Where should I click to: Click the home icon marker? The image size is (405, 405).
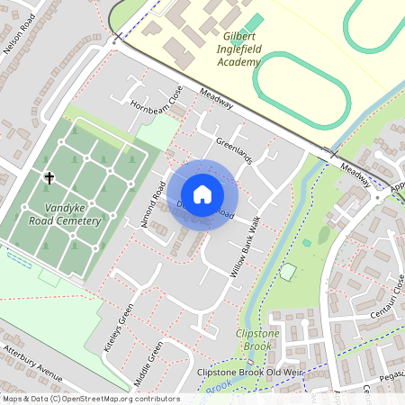click(202, 193)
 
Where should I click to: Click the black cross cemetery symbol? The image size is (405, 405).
click(49, 178)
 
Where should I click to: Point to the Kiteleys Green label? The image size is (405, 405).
click(118, 327)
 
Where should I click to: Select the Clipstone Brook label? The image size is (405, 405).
click(257, 339)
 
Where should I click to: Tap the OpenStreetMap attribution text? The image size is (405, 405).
click(90, 399)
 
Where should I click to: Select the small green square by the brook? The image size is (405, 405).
click(288, 271)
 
